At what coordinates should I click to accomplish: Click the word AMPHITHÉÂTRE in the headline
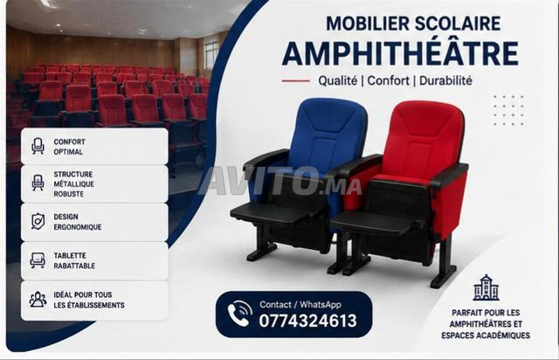click(400, 53)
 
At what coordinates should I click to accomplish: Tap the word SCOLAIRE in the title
click(458, 24)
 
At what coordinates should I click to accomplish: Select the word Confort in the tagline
click(388, 80)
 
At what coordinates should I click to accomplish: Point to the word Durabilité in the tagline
click(445, 80)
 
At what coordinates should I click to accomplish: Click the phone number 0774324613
click(307, 321)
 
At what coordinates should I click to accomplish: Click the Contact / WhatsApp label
click(300, 304)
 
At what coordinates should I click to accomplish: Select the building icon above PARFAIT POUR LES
click(486, 287)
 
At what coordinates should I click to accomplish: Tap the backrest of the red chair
click(425, 139)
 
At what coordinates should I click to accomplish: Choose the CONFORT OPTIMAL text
click(69, 147)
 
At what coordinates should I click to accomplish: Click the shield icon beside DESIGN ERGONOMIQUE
click(38, 221)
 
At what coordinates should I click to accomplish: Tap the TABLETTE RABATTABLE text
click(74, 260)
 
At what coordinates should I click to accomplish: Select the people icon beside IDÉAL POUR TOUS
click(38, 300)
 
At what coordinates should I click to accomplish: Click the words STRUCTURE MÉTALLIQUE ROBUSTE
click(73, 184)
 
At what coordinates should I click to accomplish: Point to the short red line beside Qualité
click(295, 81)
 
